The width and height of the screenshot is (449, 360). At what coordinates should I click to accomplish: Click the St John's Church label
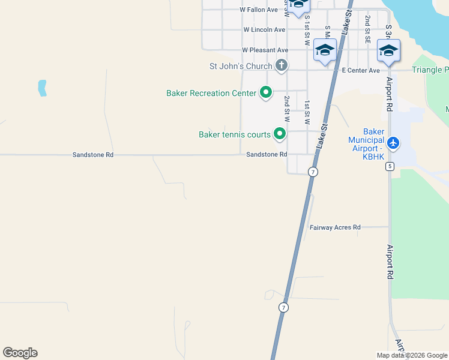pos(240,65)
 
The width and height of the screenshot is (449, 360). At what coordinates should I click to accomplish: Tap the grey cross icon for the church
pos(281,65)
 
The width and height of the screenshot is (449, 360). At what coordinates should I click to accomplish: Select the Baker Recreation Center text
pos(211,93)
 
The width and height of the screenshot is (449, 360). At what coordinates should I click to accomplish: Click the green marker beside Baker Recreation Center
pos(265,92)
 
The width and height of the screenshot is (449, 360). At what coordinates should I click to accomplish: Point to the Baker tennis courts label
pos(234,134)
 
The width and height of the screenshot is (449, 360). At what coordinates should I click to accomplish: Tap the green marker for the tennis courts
pos(279,134)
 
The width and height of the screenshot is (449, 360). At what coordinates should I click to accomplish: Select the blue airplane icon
pos(393,143)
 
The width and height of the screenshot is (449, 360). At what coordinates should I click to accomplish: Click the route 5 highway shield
pos(390,166)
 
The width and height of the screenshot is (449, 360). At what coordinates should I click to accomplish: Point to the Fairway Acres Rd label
pos(335,227)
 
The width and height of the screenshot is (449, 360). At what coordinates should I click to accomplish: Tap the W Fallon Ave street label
pos(259,10)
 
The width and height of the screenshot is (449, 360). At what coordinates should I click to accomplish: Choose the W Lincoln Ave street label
pos(264,29)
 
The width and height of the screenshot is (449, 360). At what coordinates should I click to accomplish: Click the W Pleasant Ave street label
pos(265,50)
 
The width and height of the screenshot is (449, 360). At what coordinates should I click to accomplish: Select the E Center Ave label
pos(361,70)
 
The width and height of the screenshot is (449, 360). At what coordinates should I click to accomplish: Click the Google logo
pos(20,353)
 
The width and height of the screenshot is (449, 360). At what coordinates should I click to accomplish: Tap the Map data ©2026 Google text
pos(412,356)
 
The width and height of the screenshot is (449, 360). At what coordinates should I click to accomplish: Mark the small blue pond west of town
pos(42,88)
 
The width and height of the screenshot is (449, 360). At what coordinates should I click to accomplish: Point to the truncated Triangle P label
pos(430,70)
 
